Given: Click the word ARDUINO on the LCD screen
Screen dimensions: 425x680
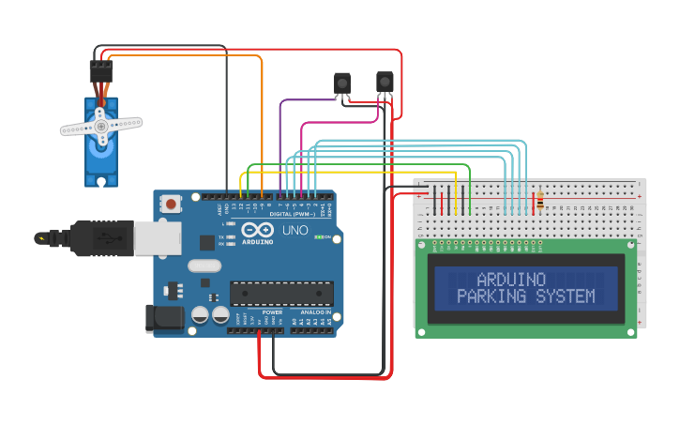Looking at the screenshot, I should pos(511,280).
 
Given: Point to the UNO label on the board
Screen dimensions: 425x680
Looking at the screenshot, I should pos(295,230).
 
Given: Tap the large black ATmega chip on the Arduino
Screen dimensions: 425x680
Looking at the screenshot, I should pos(280,293).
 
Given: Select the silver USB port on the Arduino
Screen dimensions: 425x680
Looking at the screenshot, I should pos(157,238).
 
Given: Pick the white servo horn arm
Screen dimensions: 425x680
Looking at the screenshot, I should pos(101,124).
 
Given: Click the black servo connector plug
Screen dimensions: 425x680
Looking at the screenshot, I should pos(100,71).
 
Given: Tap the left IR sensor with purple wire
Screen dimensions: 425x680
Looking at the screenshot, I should pos(342,83).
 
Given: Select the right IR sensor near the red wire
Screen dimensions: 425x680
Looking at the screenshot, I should pos(385,83).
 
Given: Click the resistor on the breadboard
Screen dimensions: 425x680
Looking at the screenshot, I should pos(539,201).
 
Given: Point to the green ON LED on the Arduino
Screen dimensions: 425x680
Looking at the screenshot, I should pos(319,237).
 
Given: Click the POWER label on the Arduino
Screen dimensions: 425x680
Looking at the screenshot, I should pos(272,311).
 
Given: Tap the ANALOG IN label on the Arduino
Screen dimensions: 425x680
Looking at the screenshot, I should pos(314,311).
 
